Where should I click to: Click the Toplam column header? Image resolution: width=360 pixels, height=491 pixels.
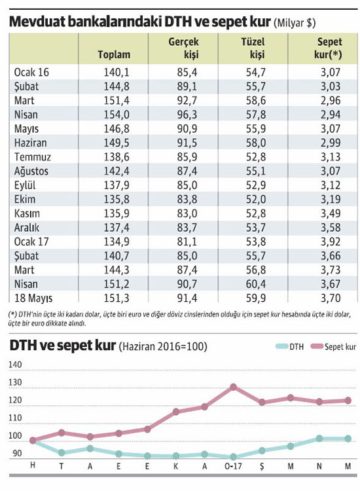[x=114, y=54]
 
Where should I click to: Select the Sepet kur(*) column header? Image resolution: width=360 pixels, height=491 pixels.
[x=328, y=48]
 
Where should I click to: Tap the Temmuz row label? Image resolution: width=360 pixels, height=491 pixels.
[x=33, y=156]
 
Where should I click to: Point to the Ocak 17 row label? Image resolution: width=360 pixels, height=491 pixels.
[x=31, y=242]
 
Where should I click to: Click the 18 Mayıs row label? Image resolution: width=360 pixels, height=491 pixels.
[x=33, y=298]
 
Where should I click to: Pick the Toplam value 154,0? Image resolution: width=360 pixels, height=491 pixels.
[x=117, y=115]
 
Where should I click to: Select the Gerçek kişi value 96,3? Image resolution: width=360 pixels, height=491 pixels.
[x=187, y=115]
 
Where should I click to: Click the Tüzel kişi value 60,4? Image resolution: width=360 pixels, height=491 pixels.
[x=256, y=283]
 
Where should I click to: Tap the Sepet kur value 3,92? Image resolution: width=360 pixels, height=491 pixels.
[x=331, y=242]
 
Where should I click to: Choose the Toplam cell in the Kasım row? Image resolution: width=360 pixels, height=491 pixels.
[x=117, y=213]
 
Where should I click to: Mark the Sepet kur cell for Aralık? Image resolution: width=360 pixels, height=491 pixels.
[x=331, y=227]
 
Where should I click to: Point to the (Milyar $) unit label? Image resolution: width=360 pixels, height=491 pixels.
[x=295, y=23]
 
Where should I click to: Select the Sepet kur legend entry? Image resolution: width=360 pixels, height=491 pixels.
[x=333, y=346]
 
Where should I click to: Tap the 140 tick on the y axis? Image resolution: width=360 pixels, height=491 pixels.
[x=15, y=365]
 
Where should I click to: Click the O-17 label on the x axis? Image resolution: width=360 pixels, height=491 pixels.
[x=233, y=466]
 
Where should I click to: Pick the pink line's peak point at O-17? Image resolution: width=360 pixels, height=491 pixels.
[x=233, y=387]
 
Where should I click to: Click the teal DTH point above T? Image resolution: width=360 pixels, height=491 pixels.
[x=62, y=452]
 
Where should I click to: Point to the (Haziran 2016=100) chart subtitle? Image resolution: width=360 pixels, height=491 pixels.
[x=163, y=346]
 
